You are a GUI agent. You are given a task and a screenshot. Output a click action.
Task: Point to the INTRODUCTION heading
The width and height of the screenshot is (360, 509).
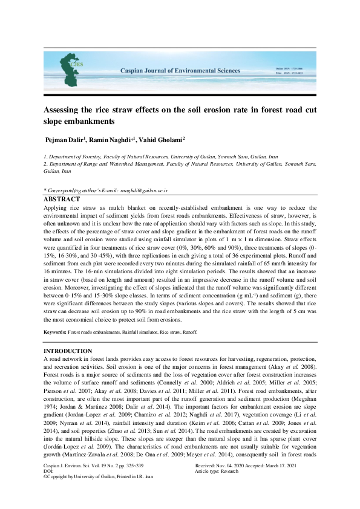pyautogui.click(x=68, y=351)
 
